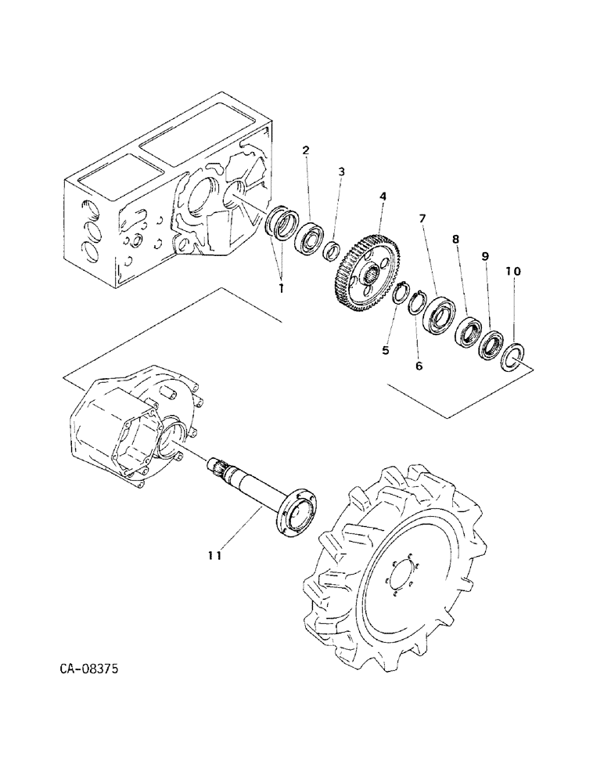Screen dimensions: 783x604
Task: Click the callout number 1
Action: tap(281, 287)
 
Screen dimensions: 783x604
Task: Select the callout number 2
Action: tap(306, 150)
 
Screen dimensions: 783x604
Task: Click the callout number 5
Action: tap(385, 350)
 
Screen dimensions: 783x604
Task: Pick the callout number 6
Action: tap(419, 365)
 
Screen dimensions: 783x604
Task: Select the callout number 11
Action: tap(215, 555)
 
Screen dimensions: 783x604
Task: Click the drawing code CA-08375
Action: tap(90, 669)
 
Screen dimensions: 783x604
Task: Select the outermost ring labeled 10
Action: tap(512, 356)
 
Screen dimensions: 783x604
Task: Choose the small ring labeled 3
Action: tap(332, 251)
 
